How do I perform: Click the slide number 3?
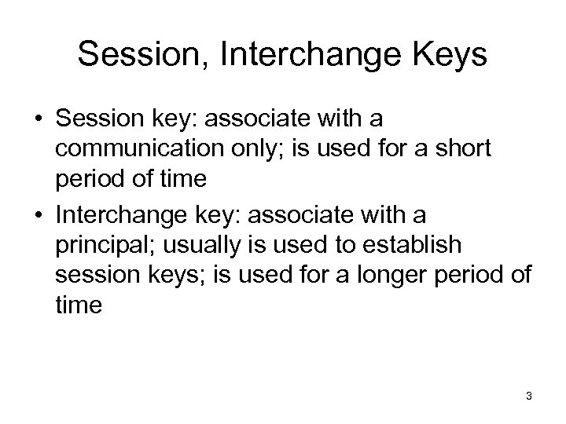click(x=529, y=397)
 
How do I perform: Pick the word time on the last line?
click(x=79, y=305)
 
